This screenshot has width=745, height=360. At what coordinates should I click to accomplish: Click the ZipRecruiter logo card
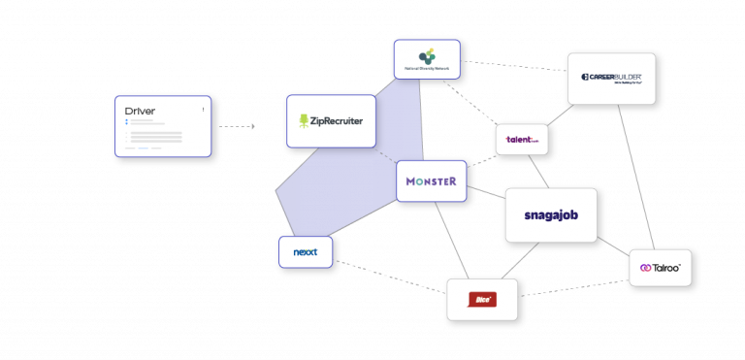(331, 121)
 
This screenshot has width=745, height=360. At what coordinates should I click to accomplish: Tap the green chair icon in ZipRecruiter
(305, 121)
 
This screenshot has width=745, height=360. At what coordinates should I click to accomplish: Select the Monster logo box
(431, 181)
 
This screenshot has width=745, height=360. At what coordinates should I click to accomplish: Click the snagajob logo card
(550, 215)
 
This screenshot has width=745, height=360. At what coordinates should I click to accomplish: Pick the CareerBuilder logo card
(611, 79)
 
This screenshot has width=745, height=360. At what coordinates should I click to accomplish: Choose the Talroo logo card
(660, 268)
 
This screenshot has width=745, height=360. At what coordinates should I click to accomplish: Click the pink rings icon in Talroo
(644, 268)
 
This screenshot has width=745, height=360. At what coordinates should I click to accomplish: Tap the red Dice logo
(481, 300)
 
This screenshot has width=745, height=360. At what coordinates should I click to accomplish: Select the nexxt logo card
(306, 252)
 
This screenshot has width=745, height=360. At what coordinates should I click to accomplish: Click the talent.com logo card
(521, 140)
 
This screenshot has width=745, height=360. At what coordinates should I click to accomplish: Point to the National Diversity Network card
(427, 59)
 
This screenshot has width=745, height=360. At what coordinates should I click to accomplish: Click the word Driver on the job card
(140, 111)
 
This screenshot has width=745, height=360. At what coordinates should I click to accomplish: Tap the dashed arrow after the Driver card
(237, 126)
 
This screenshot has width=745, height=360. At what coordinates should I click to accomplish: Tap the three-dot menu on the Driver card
(203, 109)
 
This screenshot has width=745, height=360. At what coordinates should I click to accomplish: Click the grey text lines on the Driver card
(155, 138)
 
